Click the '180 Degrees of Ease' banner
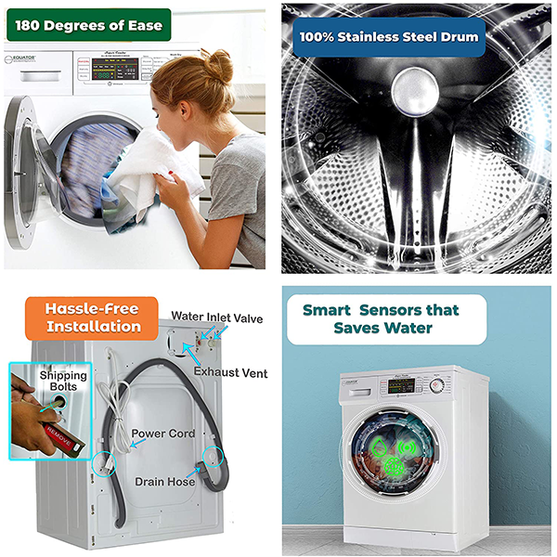88,25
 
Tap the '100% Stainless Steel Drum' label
387,37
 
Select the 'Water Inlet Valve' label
216,318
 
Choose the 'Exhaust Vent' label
230,373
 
